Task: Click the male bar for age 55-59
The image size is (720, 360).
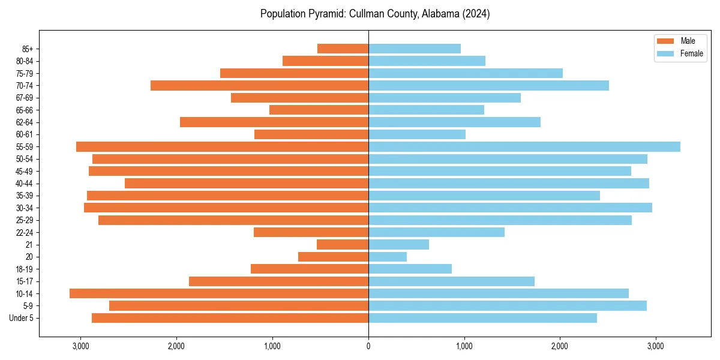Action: coord(222,147)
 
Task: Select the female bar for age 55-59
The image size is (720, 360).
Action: coord(524,147)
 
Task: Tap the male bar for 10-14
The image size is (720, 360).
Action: coord(219,293)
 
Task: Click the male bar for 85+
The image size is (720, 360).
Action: coord(343,49)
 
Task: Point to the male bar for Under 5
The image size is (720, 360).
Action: coord(230,318)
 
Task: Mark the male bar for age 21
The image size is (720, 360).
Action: coord(343,245)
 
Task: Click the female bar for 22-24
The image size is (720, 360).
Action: coord(436,232)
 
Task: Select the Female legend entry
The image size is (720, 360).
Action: coord(679,53)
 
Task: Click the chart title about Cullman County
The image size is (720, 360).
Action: coord(375,14)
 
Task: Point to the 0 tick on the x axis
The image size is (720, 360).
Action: coord(368,346)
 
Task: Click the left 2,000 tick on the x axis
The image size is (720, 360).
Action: coord(176,346)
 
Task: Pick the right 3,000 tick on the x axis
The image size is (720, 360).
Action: coord(656,346)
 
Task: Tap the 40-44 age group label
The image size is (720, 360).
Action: coord(24,184)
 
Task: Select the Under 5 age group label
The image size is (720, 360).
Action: coord(21,318)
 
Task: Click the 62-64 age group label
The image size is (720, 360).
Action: coord(24,122)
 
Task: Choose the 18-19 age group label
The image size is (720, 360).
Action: coord(24,269)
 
